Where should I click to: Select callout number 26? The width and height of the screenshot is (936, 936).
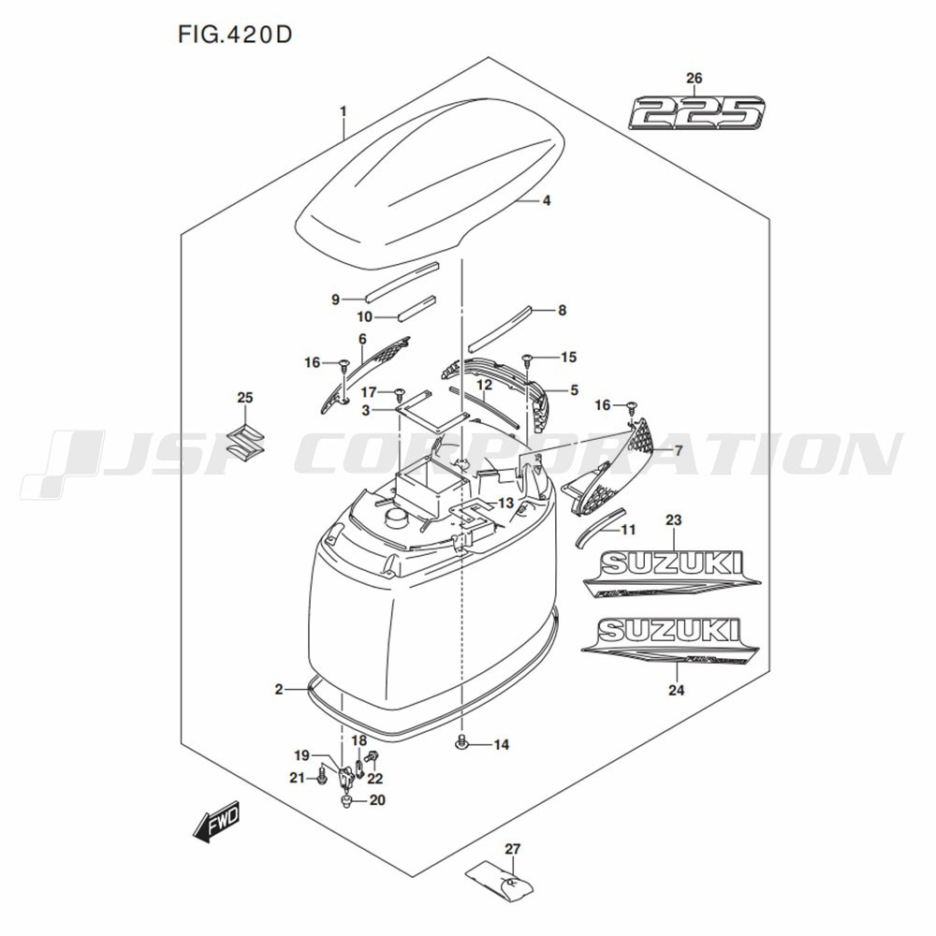coord(694,79)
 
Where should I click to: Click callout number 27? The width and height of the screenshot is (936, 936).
coord(512,850)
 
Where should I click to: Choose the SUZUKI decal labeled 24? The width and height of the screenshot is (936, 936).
coord(668,637)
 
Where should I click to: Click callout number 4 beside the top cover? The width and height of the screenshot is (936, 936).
coord(546,200)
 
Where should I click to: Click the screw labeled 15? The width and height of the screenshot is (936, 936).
coord(529,358)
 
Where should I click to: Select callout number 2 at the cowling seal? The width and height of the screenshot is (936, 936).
coord(278,690)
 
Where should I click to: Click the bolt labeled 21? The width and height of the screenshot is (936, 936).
coord(323,775)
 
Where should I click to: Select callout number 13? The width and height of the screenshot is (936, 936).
coord(505,504)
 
